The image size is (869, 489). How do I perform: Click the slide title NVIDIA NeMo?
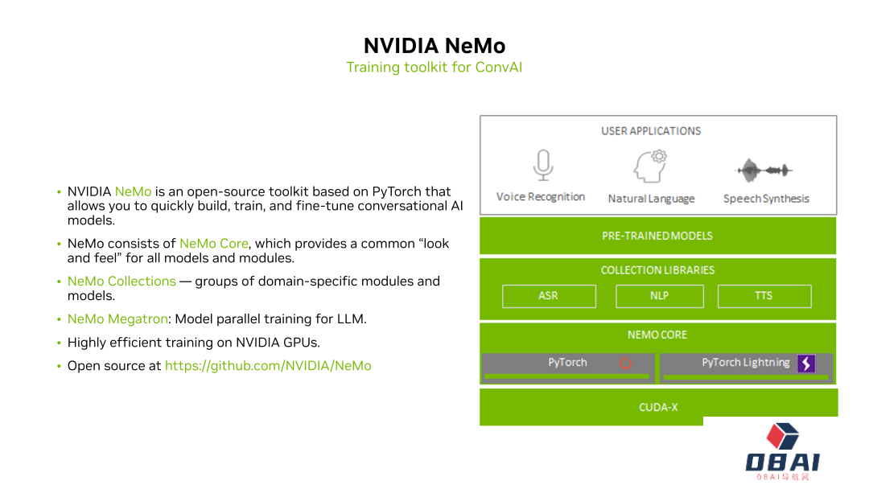tap(434, 45)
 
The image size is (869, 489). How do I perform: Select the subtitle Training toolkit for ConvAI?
tap(434, 68)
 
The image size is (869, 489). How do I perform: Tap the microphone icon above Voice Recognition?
tap(542, 165)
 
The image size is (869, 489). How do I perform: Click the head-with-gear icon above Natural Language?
tap(651, 166)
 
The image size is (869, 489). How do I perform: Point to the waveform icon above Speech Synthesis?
tap(764, 170)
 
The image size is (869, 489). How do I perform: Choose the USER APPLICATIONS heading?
tap(651, 131)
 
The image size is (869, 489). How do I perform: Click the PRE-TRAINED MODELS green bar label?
tap(657, 236)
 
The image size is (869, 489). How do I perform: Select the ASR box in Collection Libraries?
tap(549, 296)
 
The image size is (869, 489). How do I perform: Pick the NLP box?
tap(660, 296)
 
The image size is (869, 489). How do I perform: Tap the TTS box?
tap(764, 296)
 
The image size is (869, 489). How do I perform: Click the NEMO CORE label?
tap(657, 335)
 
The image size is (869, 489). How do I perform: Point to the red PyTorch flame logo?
tap(625, 364)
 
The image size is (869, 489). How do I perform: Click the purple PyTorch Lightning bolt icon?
tap(806, 364)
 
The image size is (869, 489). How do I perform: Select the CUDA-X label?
tap(658, 407)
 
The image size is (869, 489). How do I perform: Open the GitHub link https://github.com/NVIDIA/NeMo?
tap(268, 366)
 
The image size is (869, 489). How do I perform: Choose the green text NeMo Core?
tap(214, 244)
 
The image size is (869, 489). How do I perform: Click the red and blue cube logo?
tap(781, 438)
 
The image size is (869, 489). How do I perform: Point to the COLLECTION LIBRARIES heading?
tap(657, 270)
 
